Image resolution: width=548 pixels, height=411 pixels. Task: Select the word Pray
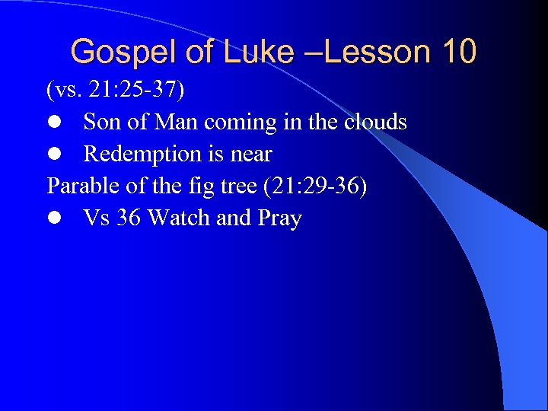[280, 219]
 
